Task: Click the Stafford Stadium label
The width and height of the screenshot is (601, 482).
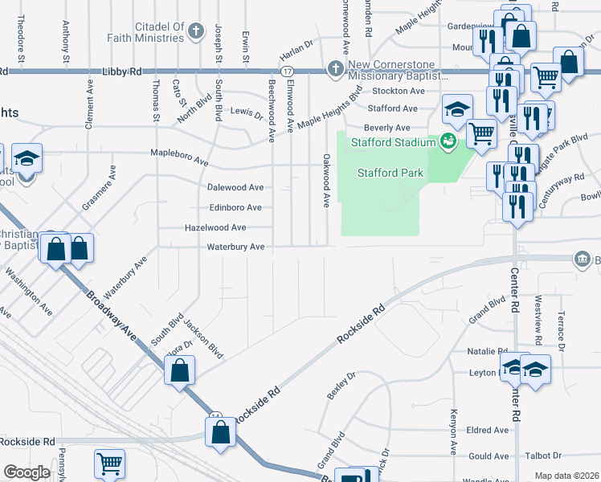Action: click(392, 143)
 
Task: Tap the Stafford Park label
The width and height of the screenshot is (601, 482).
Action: click(390, 173)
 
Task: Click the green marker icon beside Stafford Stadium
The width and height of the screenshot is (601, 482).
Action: click(448, 142)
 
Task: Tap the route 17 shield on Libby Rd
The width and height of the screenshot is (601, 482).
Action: click(287, 71)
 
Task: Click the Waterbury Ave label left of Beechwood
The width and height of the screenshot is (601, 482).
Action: click(235, 247)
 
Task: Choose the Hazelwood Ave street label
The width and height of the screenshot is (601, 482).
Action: click(215, 227)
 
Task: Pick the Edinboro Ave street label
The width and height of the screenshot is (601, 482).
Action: click(235, 207)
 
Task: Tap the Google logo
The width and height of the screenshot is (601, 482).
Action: click(27, 472)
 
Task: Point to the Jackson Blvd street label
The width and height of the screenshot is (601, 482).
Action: click(202, 337)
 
